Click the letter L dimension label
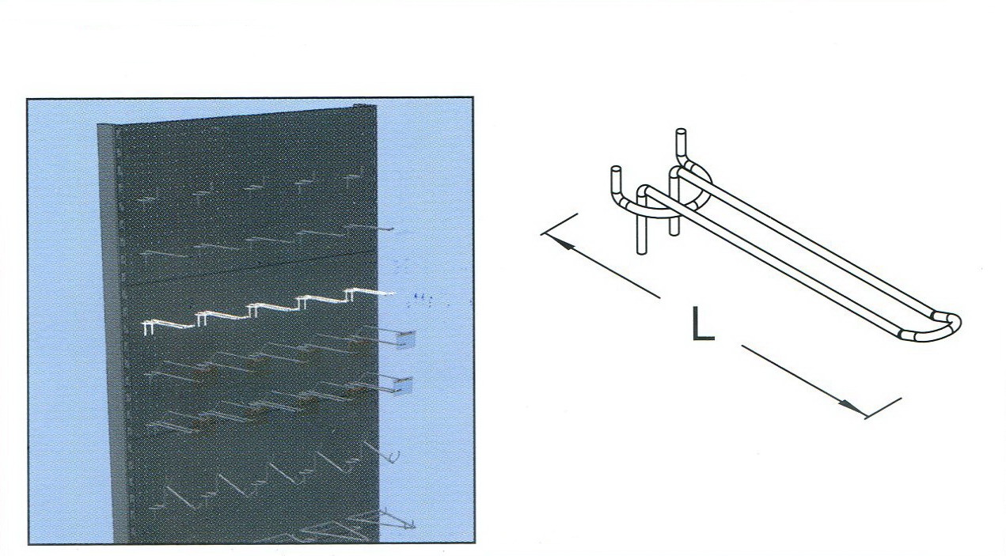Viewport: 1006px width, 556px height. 703,323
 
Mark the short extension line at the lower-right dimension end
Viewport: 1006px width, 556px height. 883,408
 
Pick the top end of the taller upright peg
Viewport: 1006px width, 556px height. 681,132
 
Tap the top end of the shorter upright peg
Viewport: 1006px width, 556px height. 616,170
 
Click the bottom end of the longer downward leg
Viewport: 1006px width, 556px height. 643,252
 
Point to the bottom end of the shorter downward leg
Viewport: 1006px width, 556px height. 674,232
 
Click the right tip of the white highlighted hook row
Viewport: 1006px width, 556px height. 392,293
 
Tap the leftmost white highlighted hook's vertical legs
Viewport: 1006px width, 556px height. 149,328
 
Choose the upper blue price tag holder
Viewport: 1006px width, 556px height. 405,339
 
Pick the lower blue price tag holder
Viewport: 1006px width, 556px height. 404,384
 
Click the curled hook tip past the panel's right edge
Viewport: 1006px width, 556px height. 394,457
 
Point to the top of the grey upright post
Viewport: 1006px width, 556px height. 106,127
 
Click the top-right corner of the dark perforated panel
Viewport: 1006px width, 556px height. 375,107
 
